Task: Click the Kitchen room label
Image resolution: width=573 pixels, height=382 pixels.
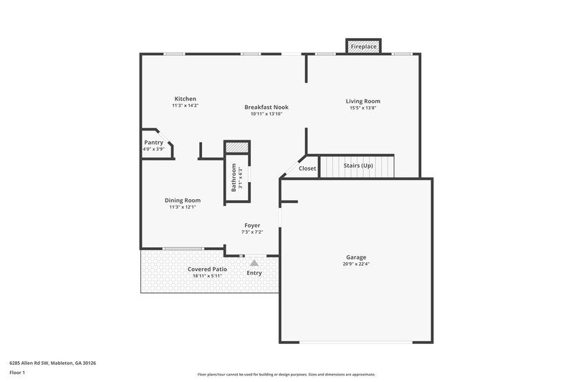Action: point(185,99)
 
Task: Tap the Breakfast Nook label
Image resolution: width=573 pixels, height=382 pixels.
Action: point(266,107)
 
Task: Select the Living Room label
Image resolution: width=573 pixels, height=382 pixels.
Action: point(363,102)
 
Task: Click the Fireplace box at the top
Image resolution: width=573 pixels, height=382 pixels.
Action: point(363,47)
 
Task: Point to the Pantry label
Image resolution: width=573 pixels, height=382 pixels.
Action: point(154,143)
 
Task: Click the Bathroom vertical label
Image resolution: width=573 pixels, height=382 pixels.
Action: point(233,178)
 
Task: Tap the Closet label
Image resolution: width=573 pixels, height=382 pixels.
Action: point(307,168)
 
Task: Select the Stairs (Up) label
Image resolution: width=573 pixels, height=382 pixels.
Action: point(358,166)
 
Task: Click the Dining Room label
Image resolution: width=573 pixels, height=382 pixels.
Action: point(183,201)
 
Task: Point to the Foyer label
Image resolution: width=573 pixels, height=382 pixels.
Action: point(252,225)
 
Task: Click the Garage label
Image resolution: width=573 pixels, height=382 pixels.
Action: point(356,257)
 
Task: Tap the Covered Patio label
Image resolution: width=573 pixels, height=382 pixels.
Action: point(208,269)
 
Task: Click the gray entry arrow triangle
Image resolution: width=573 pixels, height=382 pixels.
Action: point(254,263)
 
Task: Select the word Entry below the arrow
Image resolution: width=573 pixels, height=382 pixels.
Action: point(254,273)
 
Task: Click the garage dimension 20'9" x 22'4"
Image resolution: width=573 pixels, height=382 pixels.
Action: point(356,264)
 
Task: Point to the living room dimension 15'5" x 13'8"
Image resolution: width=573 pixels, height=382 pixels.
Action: point(363,108)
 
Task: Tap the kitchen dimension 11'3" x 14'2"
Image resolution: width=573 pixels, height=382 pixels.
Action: point(185,105)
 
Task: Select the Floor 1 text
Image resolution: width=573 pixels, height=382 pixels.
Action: point(17,373)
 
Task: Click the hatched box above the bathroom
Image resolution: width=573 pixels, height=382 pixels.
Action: point(236,148)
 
